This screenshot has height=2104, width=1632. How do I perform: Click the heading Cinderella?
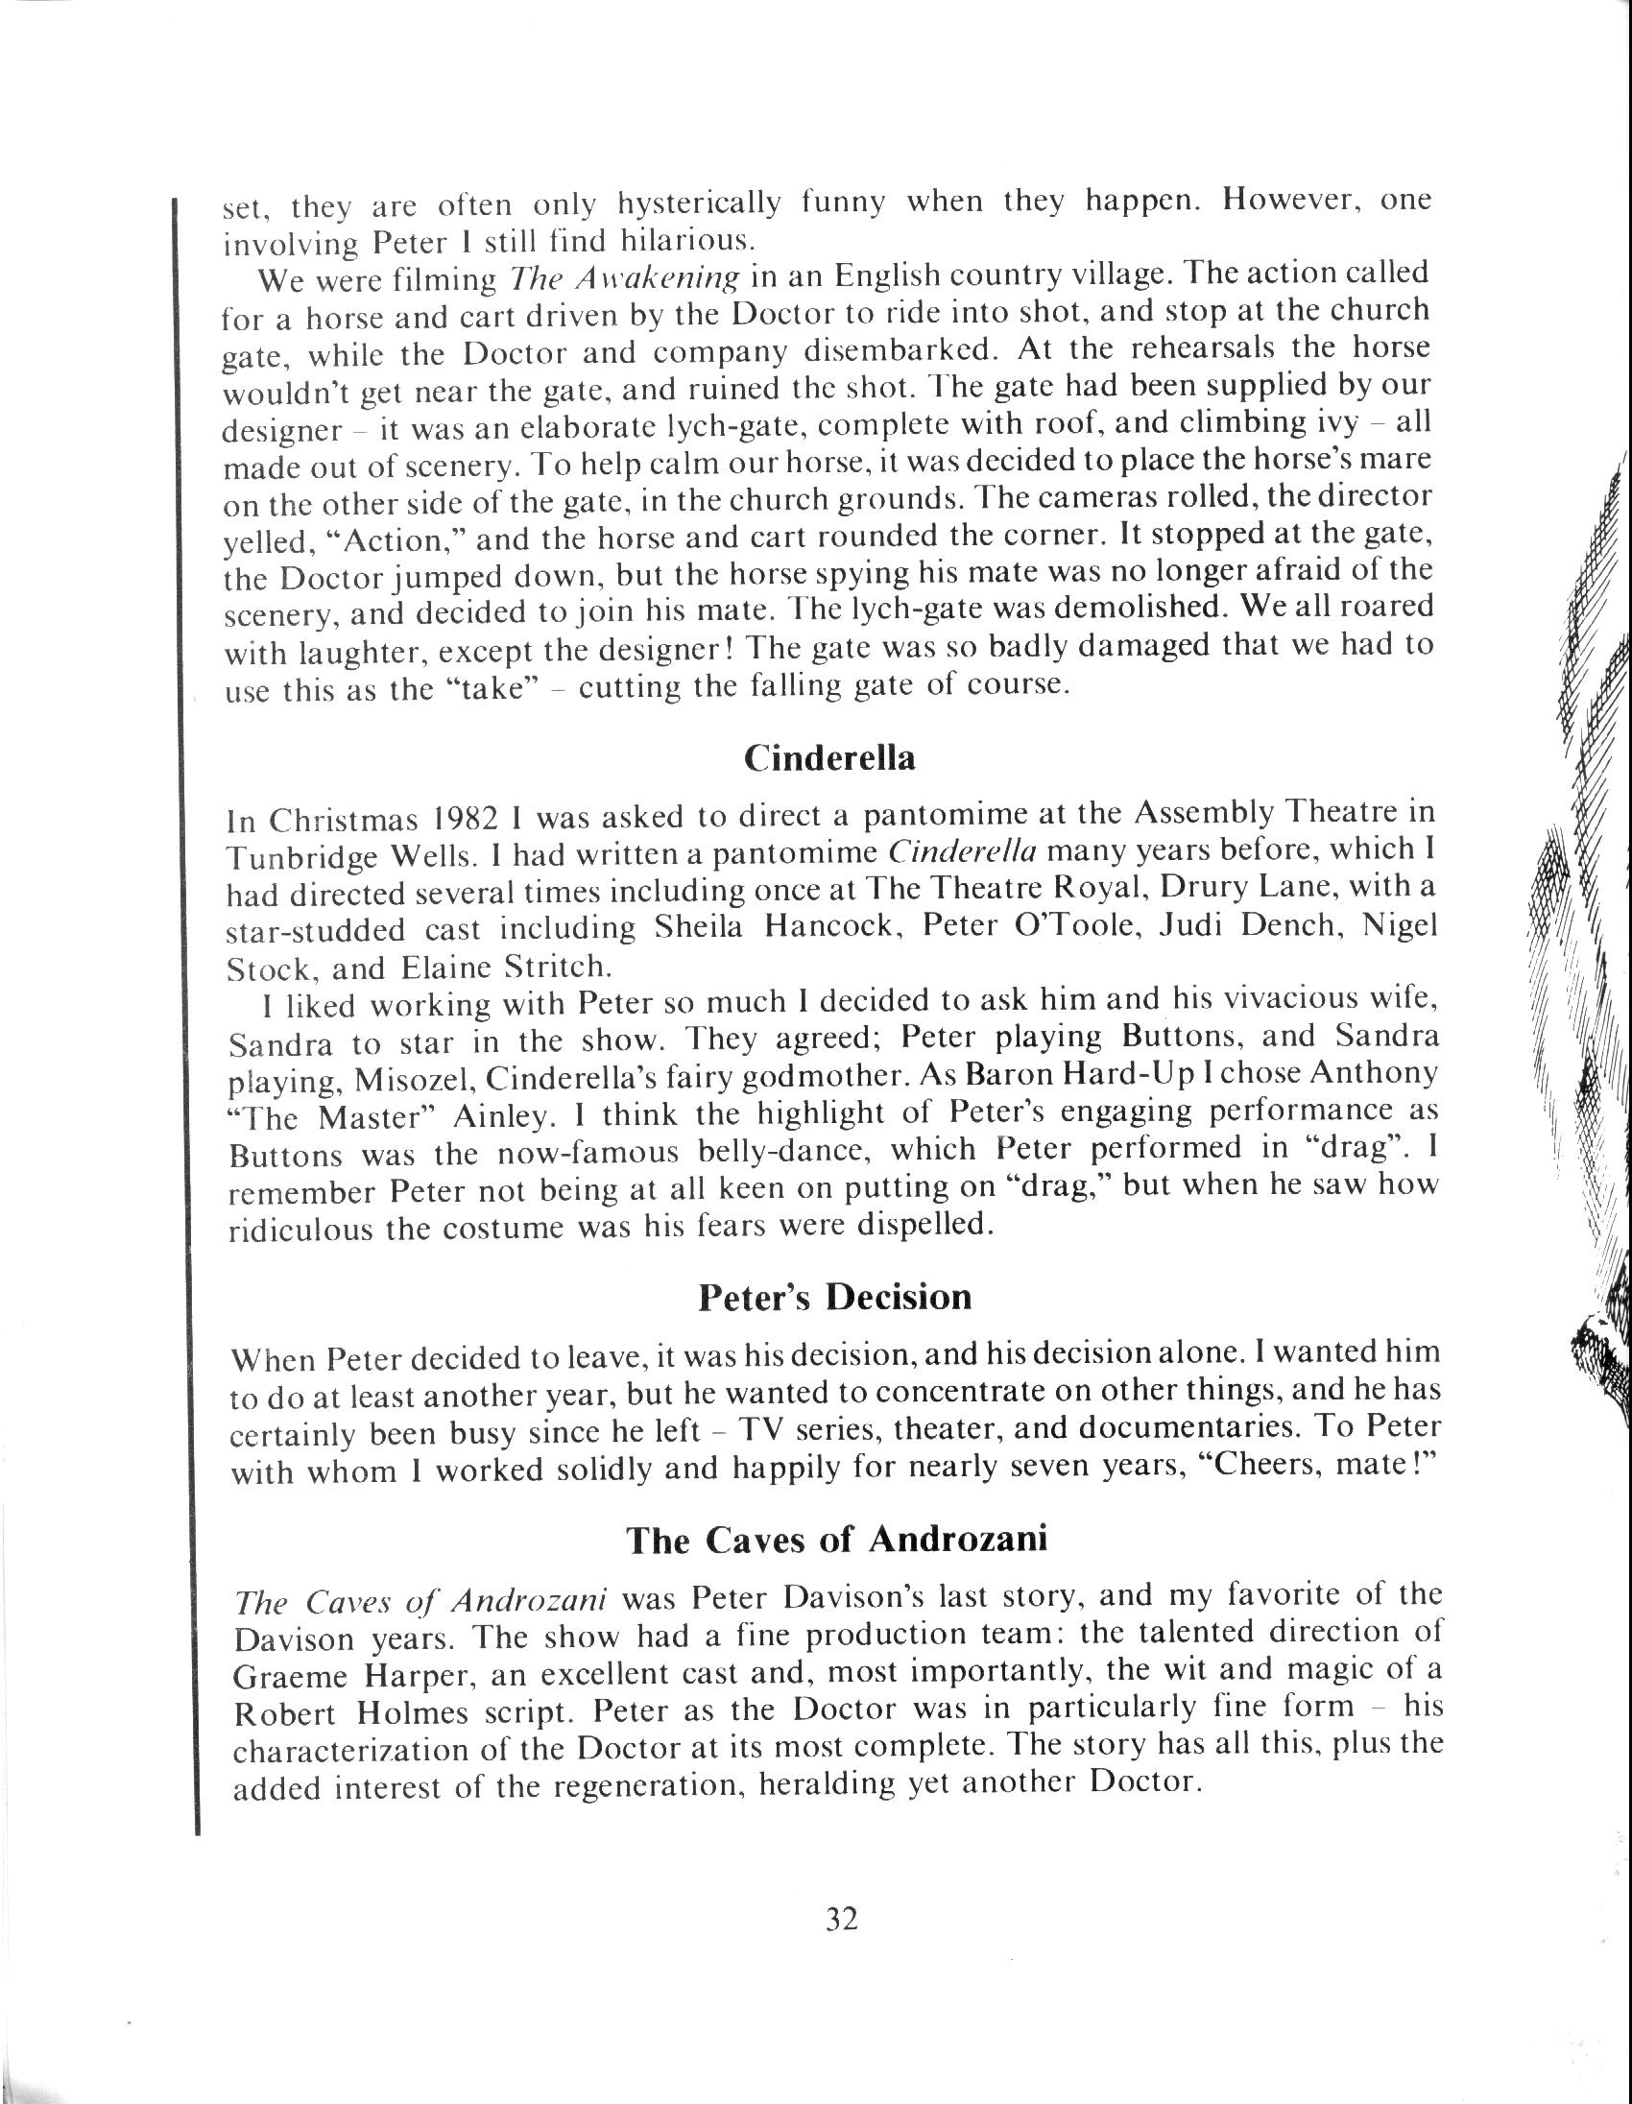(829, 758)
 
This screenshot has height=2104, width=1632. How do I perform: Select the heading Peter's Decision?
(834, 1297)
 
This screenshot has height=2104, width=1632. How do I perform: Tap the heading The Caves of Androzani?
(836, 1539)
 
